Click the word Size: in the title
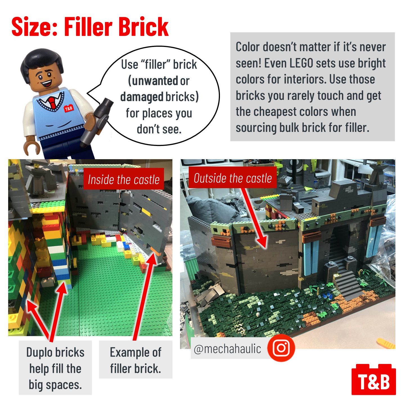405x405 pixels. (35, 27)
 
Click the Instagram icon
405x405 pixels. (281, 348)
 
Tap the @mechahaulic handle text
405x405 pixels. (228, 349)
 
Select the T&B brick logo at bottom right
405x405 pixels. (373, 380)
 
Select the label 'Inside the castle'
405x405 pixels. (123, 179)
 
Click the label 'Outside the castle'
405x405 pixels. (233, 178)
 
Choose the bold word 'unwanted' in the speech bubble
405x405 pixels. (155, 81)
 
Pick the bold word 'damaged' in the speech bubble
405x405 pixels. (142, 97)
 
